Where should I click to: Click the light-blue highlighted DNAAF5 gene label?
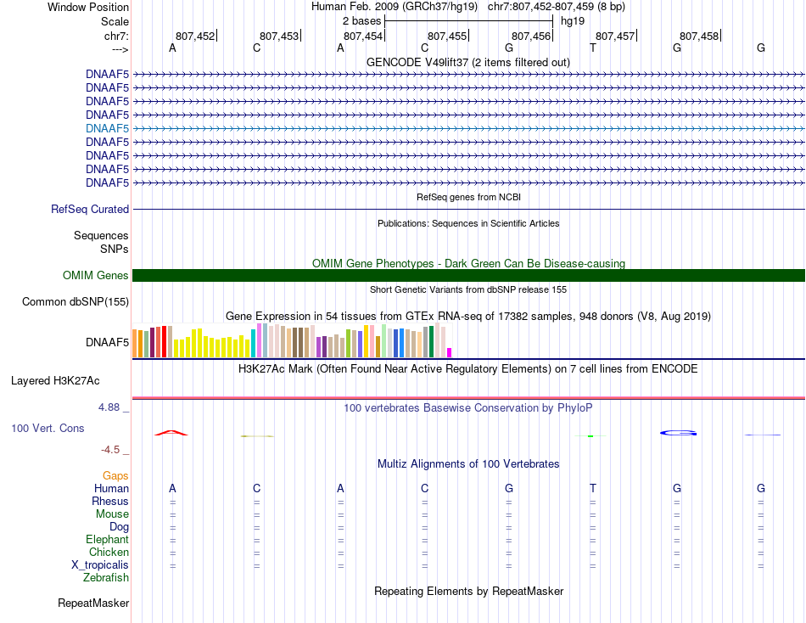(x=107, y=128)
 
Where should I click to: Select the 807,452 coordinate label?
(x=195, y=36)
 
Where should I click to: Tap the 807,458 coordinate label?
(x=699, y=36)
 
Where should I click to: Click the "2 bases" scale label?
(x=362, y=21)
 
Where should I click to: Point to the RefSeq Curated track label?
(x=90, y=210)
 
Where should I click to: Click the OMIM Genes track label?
(x=96, y=275)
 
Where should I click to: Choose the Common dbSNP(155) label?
(x=76, y=301)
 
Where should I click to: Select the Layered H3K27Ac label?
(x=55, y=381)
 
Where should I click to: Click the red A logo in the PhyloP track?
(x=171, y=433)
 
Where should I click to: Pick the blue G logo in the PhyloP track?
(x=679, y=433)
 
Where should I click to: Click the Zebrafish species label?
(x=106, y=578)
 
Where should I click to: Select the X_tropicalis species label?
(x=100, y=565)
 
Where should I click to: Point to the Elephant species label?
(x=107, y=539)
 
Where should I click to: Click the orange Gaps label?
(x=115, y=476)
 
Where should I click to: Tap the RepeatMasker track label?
(x=93, y=603)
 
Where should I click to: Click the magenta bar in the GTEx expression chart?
(x=450, y=353)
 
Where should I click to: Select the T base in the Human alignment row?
(x=593, y=488)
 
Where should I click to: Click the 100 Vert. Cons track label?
(x=48, y=428)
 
